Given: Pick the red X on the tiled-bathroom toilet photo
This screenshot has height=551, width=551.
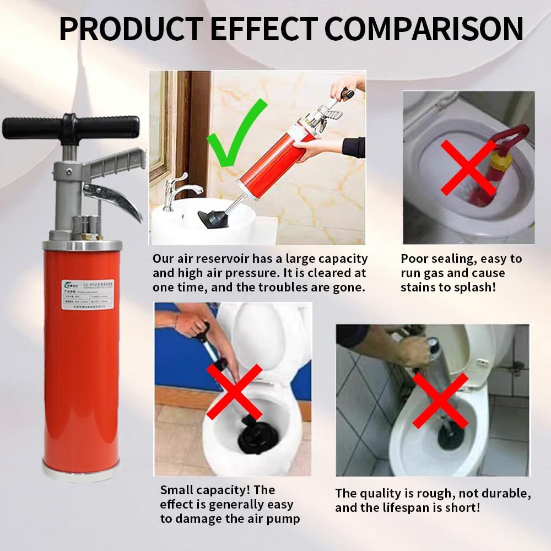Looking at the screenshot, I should coord(440,399).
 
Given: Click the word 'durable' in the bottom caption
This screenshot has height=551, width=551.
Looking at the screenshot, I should coord(497,493).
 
